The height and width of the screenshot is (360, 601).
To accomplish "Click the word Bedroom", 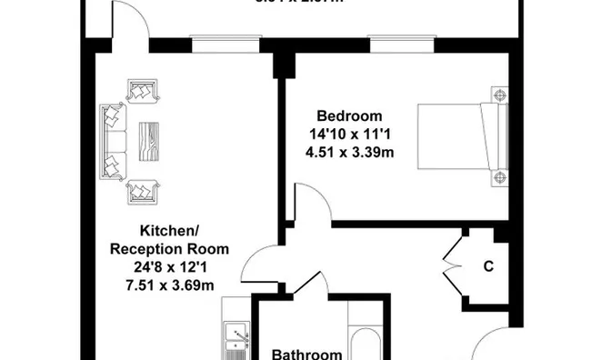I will pyautogui.click(x=349, y=116).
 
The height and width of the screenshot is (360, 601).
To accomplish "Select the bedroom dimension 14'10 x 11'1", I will pyautogui.click(x=349, y=134).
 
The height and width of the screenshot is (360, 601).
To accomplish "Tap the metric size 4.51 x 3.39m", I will pyautogui.click(x=349, y=151).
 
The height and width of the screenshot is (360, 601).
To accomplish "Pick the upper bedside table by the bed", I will pyautogui.click(x=500, y=95).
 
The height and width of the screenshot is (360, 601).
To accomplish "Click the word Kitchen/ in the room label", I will pyautogui.click(x=169, y=230).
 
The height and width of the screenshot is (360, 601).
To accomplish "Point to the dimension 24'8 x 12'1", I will pyautogui.click(x=169, y=268).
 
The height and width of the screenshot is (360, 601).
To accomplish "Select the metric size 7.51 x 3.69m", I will pyautogui.click(x=169, y=285).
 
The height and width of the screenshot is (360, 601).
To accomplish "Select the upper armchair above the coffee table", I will pyautogui.click(x=142, y=91).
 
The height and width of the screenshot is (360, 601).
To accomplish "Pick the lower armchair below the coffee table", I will pyautogui.click(x=142, y=191).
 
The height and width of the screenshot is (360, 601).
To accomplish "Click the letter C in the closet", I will pyautogui.click(x=488, y=267).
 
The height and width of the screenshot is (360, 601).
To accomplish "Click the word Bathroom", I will pyautogui.click(x=307, y=354).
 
